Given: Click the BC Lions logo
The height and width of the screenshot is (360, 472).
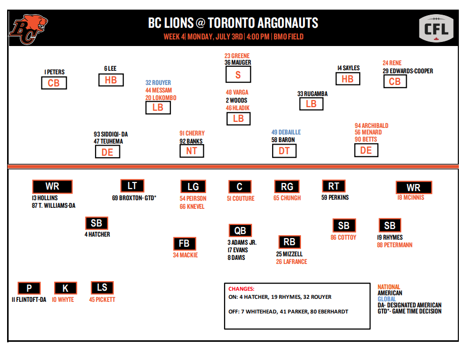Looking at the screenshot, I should pyautogui.click(x=28, y=29).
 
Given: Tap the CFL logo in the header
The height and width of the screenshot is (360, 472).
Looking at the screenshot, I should pyautogui.click(x=437, y=29).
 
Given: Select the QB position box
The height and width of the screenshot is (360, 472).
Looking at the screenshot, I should pyautogui.click(x=240, y=231).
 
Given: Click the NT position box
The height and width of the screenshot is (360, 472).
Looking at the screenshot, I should pyautogui.click(x=192, y=151).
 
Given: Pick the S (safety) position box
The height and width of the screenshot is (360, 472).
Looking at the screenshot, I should pyautogui.click(x=238, y=74).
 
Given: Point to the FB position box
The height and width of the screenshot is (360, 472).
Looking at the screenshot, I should pyautogui.click(x=184, y=244).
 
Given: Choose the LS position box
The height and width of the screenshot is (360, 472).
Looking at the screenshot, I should pyautogui.click(x=102, y=288).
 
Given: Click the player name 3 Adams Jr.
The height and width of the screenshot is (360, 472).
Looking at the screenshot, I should pyautogui.click(x=242, y=243).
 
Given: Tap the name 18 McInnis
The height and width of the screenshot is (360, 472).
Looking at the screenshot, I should pyautogui.click(x=411, y=198).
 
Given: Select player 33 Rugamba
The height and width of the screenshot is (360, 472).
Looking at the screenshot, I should pyautogui.click(x=313, y=94).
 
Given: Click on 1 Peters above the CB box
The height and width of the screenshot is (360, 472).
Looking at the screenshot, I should pyautogui.click(x=54, y=72).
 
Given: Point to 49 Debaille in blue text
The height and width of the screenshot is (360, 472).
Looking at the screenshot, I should pyautogui.click(x=286, y=132).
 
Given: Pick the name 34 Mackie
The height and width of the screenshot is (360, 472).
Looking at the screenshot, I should pyautogui.click(x=185, y=255).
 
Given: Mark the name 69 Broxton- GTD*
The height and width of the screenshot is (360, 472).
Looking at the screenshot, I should pyautogui.click(x=134, y=198).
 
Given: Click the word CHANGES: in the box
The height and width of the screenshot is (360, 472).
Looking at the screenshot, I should pyautogui.click(x=241, y=289).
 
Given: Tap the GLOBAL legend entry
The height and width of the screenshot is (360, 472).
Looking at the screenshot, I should pyautogui.click(x=387, y=299).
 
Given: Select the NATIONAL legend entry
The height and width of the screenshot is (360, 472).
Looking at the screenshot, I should pyautogui.click(x=389, y=287).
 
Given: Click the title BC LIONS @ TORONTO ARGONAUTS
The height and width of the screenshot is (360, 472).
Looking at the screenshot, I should pyautogui.click(x=233, y=23).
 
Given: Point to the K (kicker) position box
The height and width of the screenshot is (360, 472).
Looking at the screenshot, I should pyautogui.click(x=65, y=288).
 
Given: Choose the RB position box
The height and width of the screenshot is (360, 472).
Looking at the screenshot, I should pyautogui.click(x=289, y=242).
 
